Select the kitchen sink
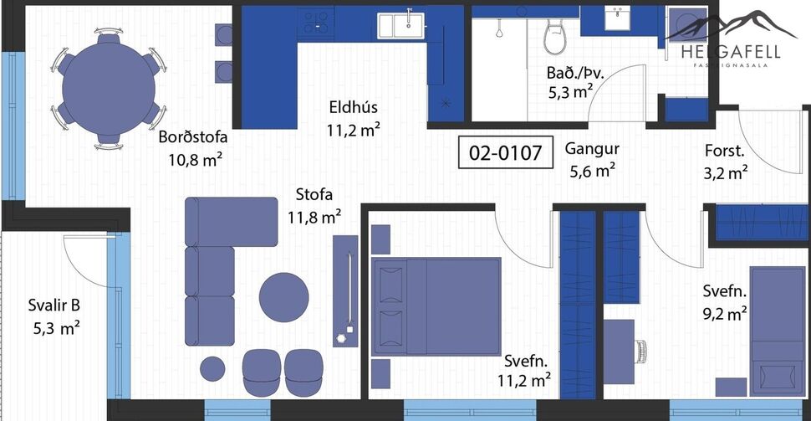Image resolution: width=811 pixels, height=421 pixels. [x=399, y=25]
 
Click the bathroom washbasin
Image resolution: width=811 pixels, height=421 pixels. [x=620, y=19]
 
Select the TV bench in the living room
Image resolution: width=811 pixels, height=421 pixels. [x=344, y=290]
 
